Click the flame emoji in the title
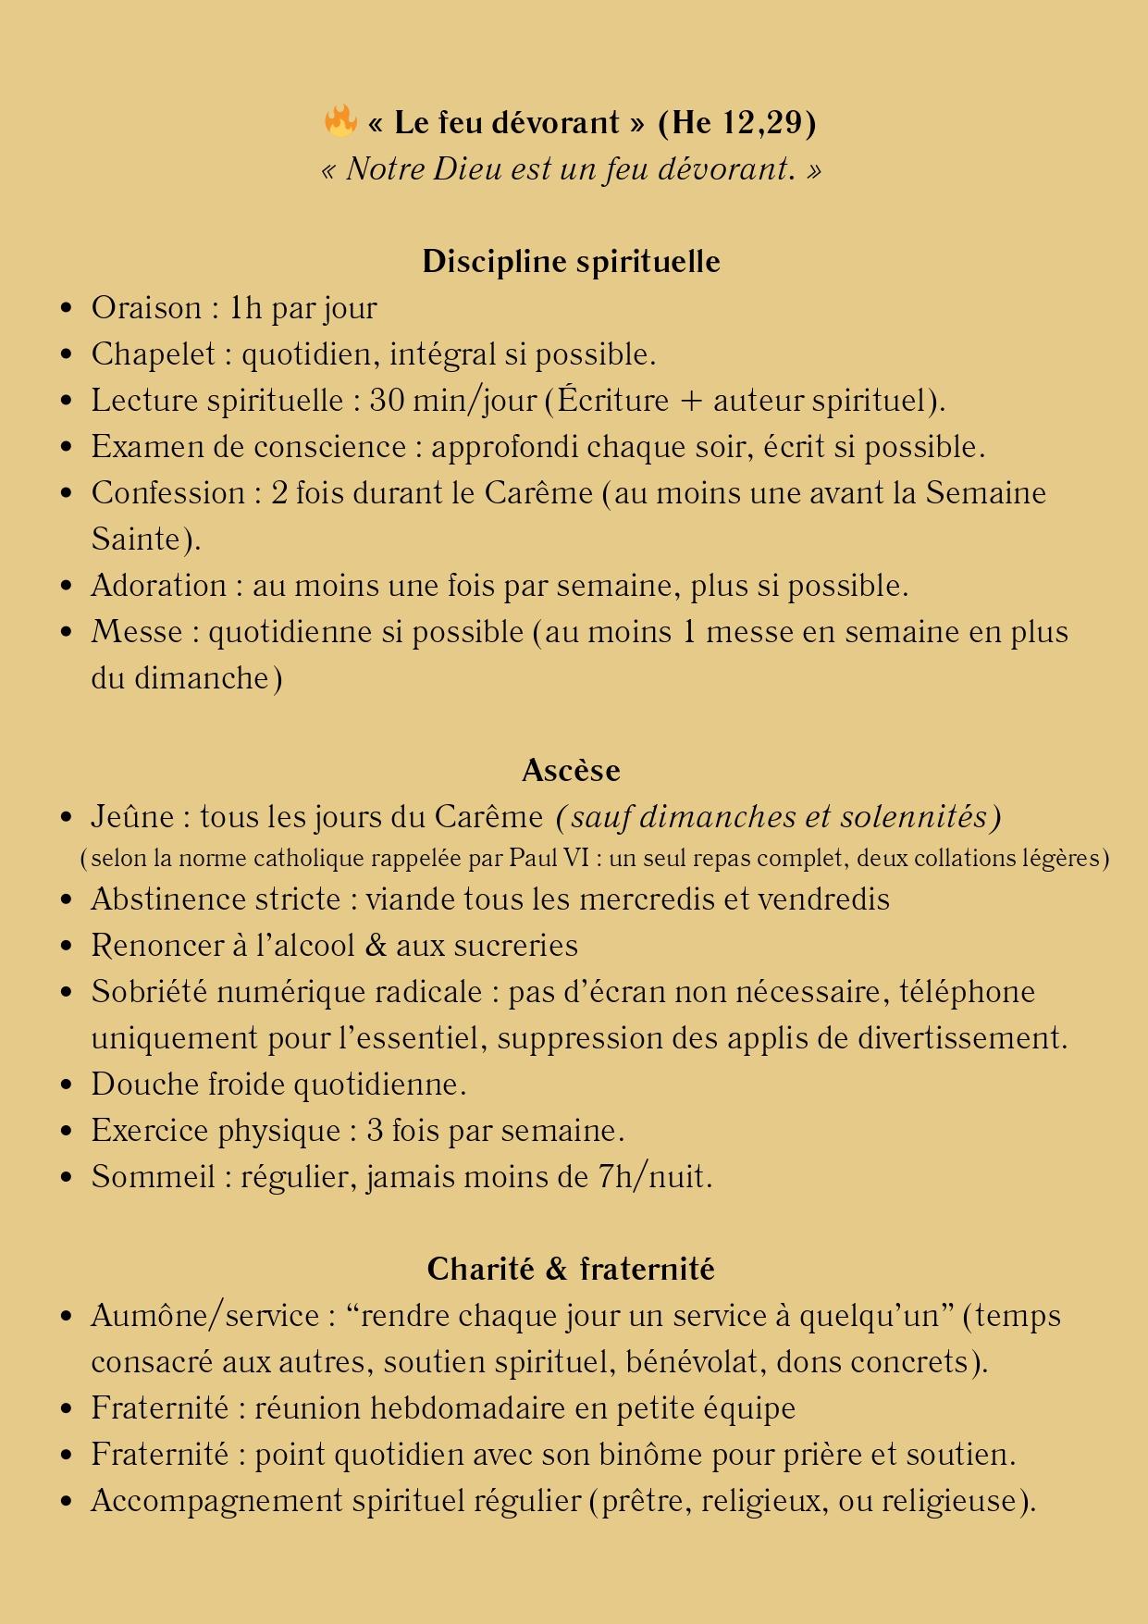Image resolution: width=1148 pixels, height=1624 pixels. (x=340, y=121)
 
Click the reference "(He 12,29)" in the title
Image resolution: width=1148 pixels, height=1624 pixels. (x=737, y=123)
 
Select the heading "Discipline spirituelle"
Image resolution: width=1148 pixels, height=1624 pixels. (x=571, y=262)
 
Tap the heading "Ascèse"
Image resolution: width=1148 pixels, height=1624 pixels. (x=571, y=771)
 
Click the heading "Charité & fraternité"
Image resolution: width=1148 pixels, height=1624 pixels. (x=571, y=1269)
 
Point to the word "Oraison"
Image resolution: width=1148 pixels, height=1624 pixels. (x=146, y=308)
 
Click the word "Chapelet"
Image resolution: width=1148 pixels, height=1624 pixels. (x=153, y=354)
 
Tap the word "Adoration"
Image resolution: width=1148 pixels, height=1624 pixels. (x=159, y=586)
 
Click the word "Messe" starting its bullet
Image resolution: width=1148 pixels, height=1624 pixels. (x=136, y=632)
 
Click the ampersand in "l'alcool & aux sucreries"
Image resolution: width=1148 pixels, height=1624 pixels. (x=376, y=946)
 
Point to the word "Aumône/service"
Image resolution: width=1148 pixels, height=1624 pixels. (x=204, y=1316)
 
